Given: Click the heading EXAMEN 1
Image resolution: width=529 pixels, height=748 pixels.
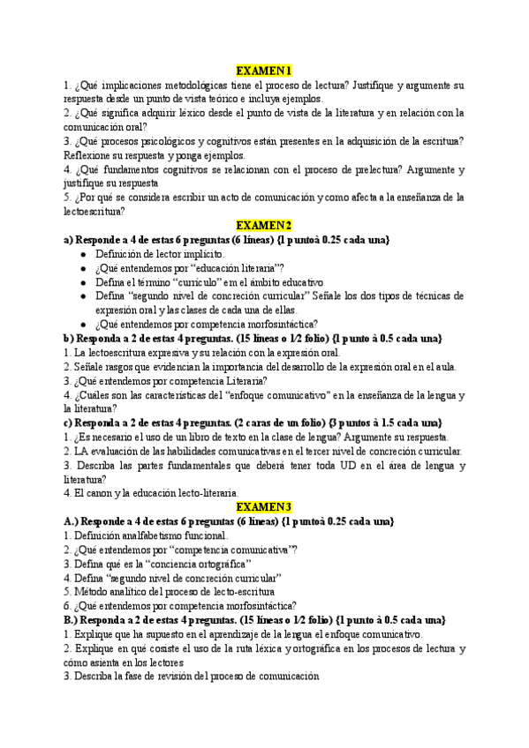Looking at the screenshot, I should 264,71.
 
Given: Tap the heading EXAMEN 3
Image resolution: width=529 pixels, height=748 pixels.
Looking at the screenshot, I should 264,506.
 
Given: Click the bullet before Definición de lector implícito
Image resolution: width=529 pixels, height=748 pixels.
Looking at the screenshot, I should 83,254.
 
